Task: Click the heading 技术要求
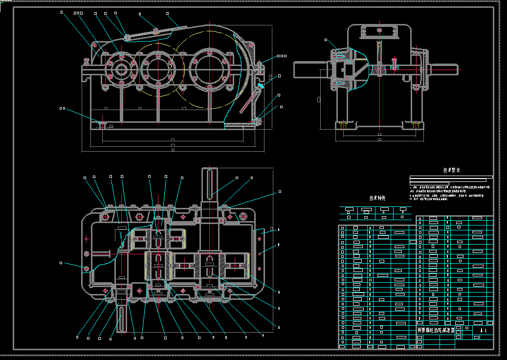(x=451, y=171)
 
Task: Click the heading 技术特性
(x=377, y=198)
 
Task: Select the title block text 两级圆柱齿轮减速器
(x=436, y=330)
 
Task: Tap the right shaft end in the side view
(x=444, y=69)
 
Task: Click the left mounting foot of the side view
(x=345, y=125)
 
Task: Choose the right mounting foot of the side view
(x=415, y=125)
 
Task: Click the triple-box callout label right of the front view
(x=281, y=56)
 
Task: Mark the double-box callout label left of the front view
(x=62, y=108)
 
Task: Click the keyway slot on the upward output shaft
(x=210, y=183)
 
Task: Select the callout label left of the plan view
(x=61, y=263)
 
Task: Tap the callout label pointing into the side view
(x=326, y=40)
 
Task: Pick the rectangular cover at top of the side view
(x=378, y=32)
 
